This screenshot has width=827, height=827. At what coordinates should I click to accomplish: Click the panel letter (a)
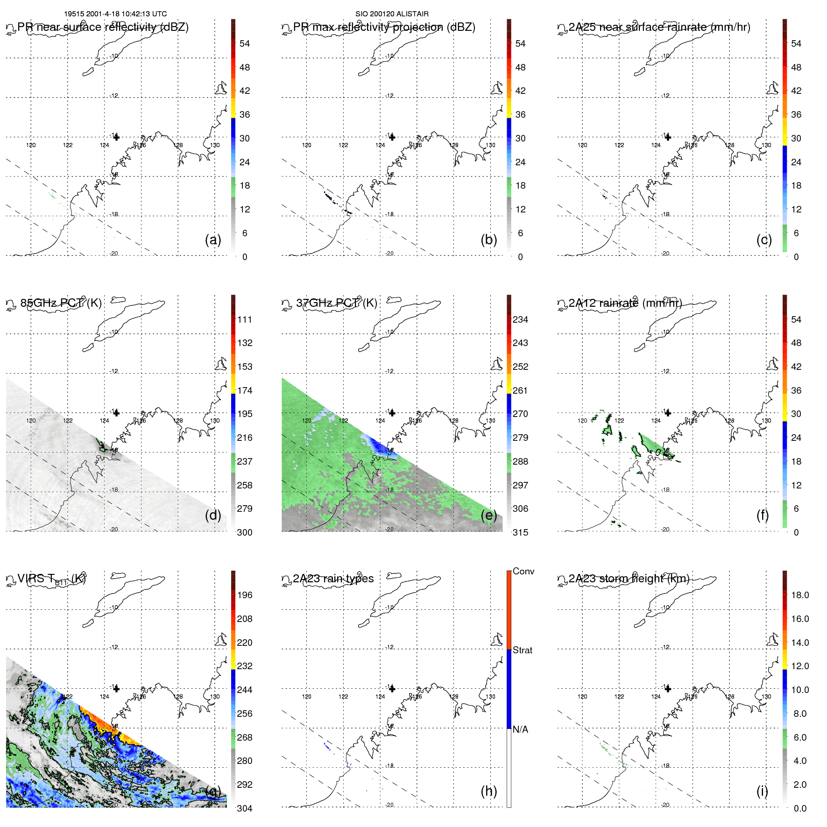click(213, 240)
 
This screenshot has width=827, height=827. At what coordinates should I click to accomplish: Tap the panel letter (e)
click(488, 515)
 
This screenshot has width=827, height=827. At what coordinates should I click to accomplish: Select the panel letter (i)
click(762, 791)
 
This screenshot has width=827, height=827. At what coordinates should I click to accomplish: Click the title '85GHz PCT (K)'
click(61, 303)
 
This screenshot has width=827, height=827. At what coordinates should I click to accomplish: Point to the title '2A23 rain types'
click(333, 579)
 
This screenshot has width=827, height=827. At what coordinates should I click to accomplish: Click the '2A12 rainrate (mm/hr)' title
click(625, 303)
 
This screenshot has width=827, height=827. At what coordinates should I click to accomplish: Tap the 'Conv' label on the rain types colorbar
click(523, 571)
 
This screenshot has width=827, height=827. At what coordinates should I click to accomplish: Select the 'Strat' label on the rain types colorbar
click(523, 650)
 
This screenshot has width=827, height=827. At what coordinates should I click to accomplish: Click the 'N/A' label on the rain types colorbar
click(520, 729)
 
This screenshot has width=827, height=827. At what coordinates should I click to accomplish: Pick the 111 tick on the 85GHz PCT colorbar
click(245, 319)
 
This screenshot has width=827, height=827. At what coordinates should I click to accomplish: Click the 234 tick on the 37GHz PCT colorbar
click(520, 319)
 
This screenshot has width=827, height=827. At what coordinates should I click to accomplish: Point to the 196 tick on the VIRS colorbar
click(245, 595)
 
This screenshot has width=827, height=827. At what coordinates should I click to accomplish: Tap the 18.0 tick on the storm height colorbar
click(800, 595)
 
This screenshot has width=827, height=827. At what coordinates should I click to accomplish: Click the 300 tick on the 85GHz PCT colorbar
click(245, 532)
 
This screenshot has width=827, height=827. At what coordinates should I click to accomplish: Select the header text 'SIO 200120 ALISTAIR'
click(392, 14)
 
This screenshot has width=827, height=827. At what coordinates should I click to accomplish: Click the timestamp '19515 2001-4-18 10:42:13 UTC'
click(115, 14)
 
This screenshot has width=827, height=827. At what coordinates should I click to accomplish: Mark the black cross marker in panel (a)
click(116, 137)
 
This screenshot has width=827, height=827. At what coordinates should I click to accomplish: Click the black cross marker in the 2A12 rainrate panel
click(668, 413)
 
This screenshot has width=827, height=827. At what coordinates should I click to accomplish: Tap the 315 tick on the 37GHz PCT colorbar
click(520, 532)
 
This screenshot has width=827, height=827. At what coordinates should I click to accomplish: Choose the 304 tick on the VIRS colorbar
click(245, 808)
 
